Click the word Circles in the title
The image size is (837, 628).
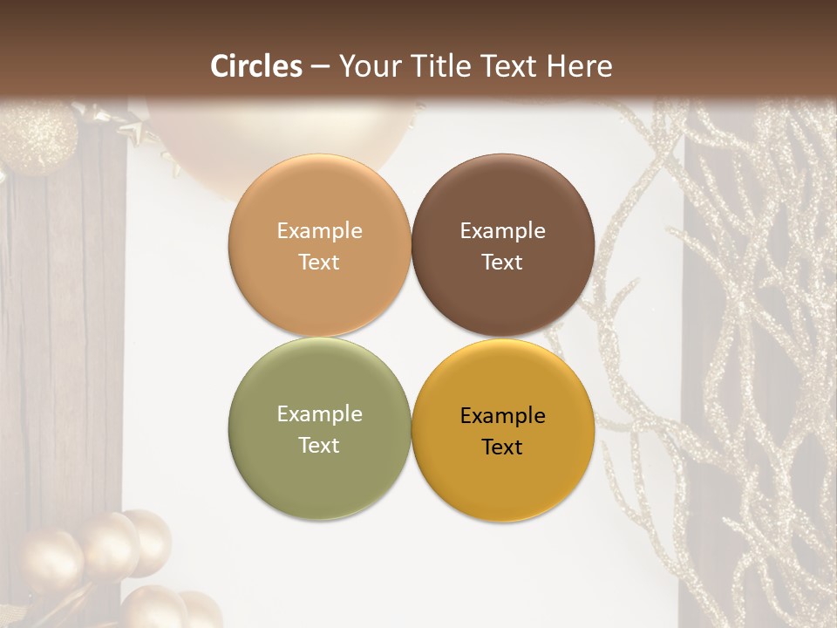pos(256,66)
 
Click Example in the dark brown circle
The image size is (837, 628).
pos(502,231)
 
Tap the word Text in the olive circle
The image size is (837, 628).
pos(319,445)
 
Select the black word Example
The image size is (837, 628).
pos(502,416)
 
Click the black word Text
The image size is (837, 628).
pos(502,447)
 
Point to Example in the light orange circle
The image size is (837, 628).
pos(319,231)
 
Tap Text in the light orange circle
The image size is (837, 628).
pos(319,262)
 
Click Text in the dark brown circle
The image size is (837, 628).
pos(502,262)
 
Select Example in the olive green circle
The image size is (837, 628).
pos(319,414)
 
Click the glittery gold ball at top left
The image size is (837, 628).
pos(37,135)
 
